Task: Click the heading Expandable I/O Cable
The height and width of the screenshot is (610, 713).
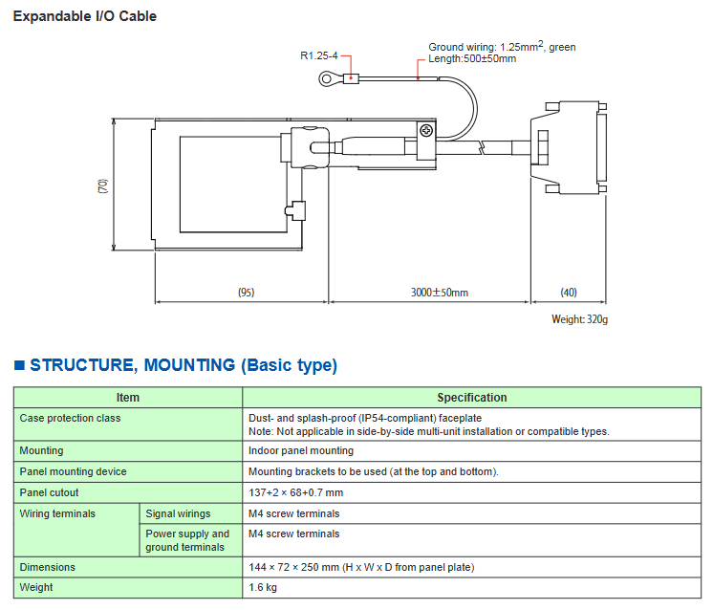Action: point(84,16)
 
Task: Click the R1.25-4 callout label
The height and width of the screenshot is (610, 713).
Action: point(318,55)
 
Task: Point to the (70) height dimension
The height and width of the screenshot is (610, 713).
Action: point(103,185)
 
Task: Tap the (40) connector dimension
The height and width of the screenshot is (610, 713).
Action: point(569,292)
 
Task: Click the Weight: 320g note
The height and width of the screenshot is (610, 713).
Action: point(579,319)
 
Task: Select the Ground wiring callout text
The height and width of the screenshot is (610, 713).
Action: point(502,47)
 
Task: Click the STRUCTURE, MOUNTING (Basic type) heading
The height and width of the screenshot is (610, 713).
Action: point(184,365)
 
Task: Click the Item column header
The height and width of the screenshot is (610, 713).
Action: point(127,398)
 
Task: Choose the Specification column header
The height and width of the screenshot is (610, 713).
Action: point(472,398)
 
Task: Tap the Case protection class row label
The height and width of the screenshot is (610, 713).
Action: point(70,418)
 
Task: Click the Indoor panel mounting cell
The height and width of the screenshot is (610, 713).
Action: point(300,450)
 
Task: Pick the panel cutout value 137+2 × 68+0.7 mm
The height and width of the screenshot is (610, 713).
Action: point(295,492)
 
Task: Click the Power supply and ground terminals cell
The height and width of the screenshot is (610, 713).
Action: point(188,540)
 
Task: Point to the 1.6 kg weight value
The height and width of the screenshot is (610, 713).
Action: point(264,587)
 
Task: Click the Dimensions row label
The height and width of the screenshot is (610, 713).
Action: point(48,567)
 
